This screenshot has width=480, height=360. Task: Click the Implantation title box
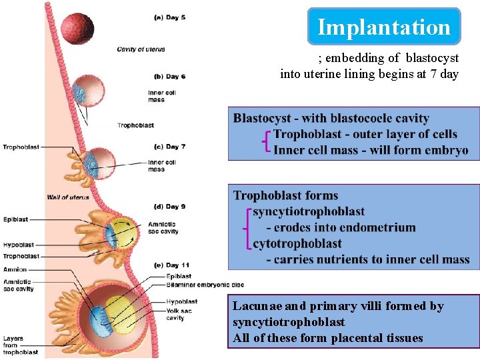pos(384,27)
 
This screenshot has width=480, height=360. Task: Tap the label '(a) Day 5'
pos(170,17)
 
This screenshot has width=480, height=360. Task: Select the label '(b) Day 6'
pos(169,77)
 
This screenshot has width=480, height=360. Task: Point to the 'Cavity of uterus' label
pos(141,49)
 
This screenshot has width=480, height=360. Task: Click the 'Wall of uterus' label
pos(68,197)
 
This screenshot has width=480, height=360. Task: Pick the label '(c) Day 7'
pos(169,147)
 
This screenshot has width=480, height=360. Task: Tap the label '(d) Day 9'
pos(169,207)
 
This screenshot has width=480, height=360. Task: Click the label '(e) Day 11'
pos(172,265)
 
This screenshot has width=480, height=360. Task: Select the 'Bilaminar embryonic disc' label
pos(195,285)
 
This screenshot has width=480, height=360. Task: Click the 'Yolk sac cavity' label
pos(176,314)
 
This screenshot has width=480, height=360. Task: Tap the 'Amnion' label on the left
pos(15,269)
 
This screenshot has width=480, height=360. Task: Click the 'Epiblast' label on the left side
pos(15,219)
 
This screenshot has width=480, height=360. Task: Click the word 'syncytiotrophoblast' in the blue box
pos(309,211)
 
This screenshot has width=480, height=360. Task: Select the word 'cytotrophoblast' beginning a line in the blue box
pos(297,243)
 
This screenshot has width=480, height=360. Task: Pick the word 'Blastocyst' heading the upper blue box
pos(263,118)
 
